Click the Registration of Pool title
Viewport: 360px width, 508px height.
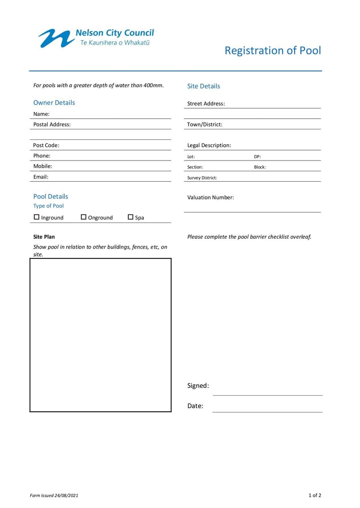(x=273, y=50)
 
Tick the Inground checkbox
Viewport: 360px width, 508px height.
(x=36, y=217)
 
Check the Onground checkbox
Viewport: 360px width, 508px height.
(x=83, y=217)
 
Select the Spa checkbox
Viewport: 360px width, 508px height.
(x=130, y=217)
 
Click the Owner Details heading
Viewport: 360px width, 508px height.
(x=54, y=102)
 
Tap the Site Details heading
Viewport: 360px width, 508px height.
(x=203, y=86)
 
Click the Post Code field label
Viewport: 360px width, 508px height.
(x=46, y=145)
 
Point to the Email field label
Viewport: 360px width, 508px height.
(x=40, y=177)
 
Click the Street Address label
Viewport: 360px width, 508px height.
(x=206, y=103)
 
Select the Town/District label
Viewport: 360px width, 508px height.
(x=205, y=125)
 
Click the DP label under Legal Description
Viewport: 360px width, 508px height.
(x=257, y=157)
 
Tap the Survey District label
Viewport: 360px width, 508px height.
(x=202, y=178)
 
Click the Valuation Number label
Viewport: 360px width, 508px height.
(x=210, y=197)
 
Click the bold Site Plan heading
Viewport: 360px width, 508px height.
(x=44, y=236)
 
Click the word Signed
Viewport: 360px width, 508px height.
(x=198, y=386)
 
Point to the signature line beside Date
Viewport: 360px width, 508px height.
(x=267, y=411)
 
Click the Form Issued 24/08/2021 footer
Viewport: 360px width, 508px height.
(x=54, y=495)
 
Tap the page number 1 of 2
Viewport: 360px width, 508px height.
(x=315, y=495)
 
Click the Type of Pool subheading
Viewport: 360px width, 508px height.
(x=48, y=206)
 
